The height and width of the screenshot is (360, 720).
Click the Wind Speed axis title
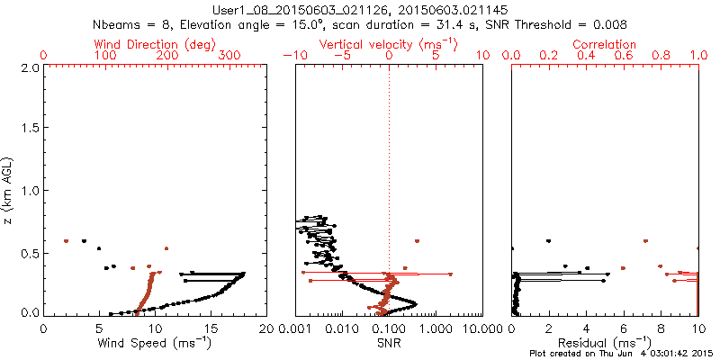tap(155, 342)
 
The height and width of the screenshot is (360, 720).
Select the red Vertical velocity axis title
tap(387, 44)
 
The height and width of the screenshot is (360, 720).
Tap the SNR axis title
tap(389, 342)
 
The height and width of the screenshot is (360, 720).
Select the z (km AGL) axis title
tap(9, 190)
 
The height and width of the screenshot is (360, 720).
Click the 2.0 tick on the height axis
tap(31, 67)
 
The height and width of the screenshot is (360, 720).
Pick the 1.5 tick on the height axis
tap(31, 129)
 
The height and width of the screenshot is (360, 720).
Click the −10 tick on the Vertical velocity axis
tap(293, 56)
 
